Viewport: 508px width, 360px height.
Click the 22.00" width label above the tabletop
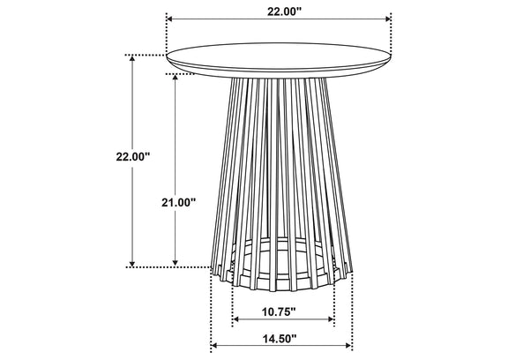click(x=284, y=11)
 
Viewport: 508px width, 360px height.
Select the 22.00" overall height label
click(x=133, y=157)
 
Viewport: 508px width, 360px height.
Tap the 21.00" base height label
click(x=179, y=203)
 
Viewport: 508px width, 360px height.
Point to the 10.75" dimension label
click(x=279, y=311)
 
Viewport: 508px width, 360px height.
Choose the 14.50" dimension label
click(x=280, y=339)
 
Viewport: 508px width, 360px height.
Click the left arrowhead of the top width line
click(x=169, y=19)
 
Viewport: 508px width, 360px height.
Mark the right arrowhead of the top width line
click(x=388, y=19)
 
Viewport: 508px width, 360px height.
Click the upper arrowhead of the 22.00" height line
click(x=132, y=58)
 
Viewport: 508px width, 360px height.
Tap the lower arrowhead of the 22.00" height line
click(x=132, y=264)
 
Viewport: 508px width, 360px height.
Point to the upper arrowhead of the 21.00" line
click(x=176, y=78)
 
